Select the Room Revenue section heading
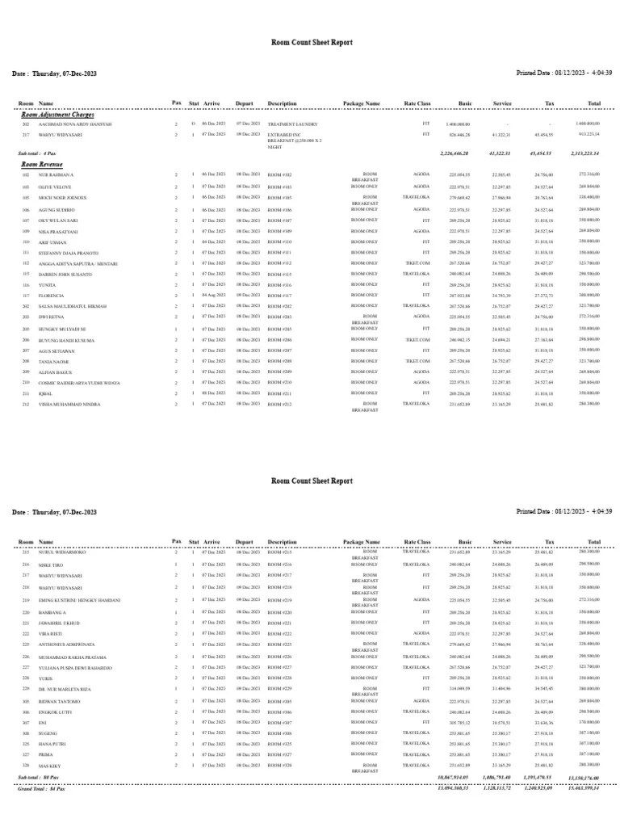coord(41,164)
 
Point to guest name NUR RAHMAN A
coord(56,175)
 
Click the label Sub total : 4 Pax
coord(37,153)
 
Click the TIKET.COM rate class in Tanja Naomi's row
coord(417,361)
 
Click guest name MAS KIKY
coord(50,764)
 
